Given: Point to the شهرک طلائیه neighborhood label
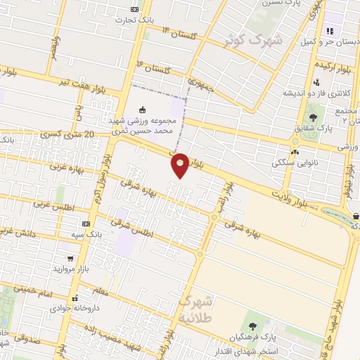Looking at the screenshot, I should [x=200, y=307].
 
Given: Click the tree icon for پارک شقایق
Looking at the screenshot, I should [x=313, y=117].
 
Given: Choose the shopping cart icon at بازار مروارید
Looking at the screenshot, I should [x=70, y=258].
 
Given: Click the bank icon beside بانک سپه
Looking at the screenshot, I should [x=85, y=224].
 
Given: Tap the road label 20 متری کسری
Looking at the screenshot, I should [x=67, y=134].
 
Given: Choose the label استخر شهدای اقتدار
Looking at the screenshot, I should [x=271, y=350].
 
